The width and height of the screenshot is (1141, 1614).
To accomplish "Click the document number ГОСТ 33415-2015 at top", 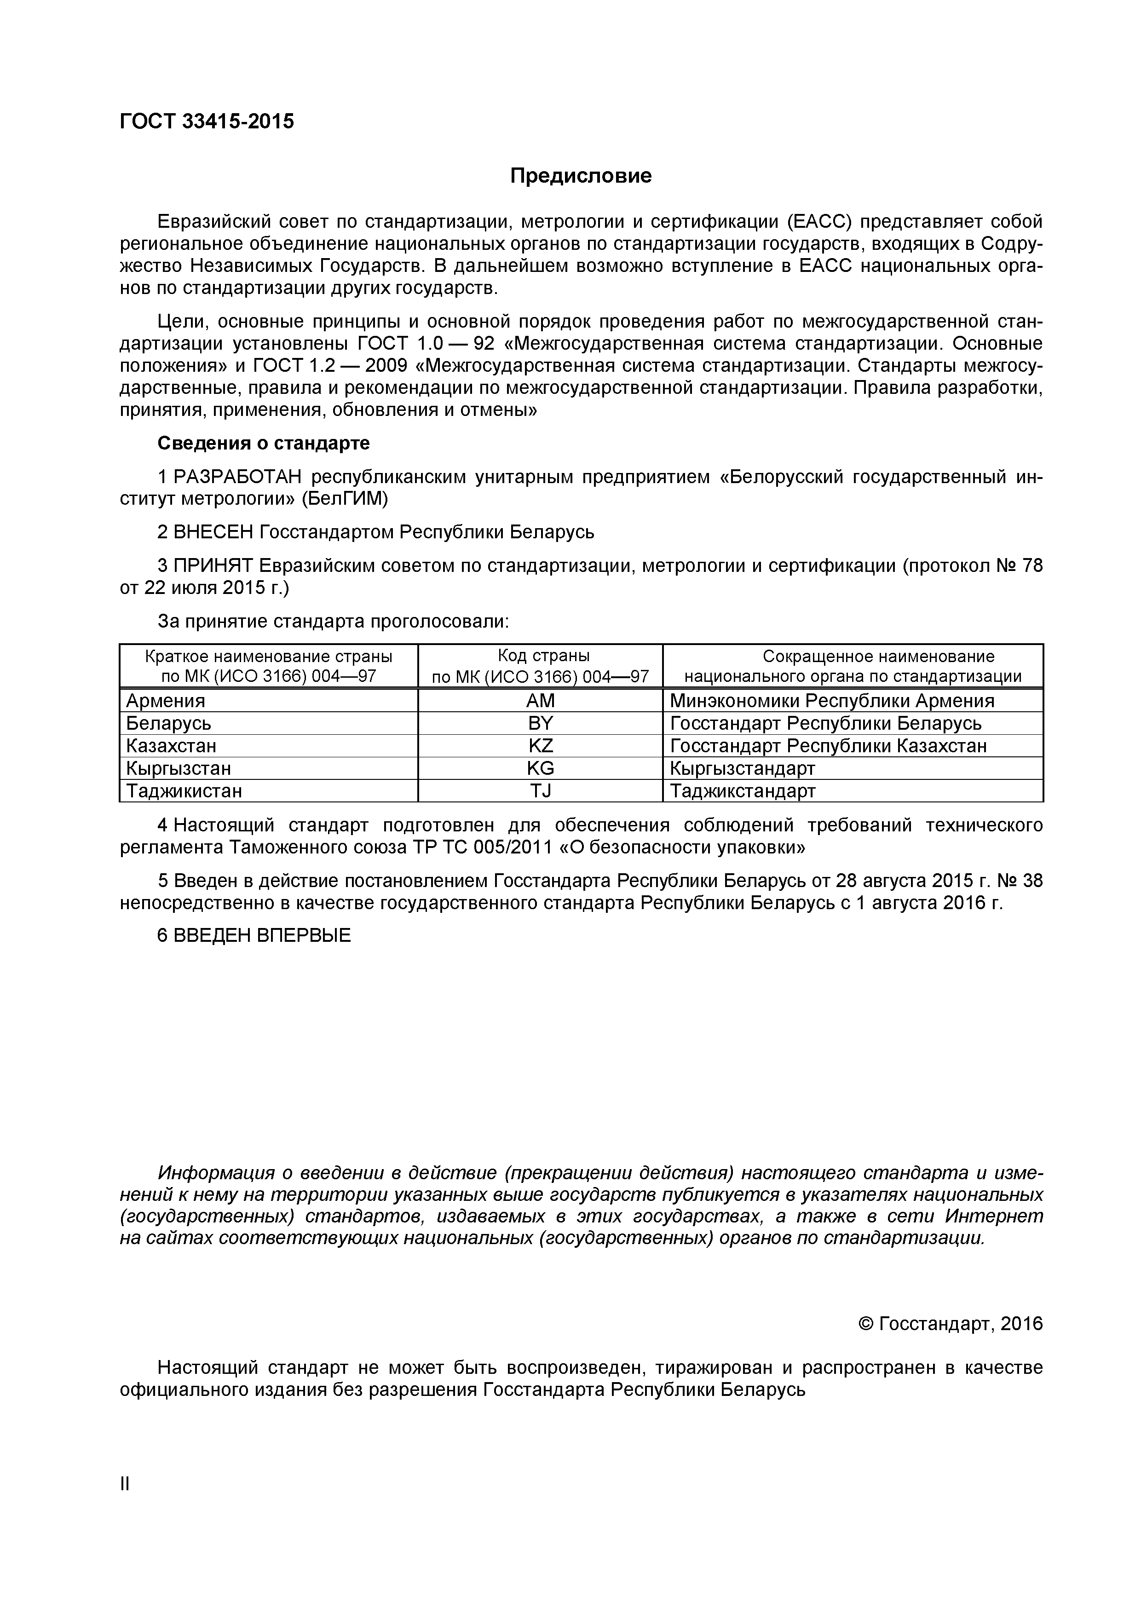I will [207, 121].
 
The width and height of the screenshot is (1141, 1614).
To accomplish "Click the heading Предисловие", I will [581, 176].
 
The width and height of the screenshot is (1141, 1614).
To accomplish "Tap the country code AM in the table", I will [540, 701].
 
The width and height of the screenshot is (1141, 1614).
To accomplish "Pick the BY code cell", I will [540, 723].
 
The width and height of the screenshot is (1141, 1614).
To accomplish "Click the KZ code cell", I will [540, 746].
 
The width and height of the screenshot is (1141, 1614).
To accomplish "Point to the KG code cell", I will [540, 768].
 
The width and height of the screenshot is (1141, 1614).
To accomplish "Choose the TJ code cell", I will [540, 791].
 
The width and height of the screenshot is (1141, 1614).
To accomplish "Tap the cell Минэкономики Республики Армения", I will [832, 701].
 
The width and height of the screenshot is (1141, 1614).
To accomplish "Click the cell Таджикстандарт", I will [743, 791].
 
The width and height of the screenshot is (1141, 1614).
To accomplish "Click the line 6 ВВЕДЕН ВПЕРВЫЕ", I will [254, 936].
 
